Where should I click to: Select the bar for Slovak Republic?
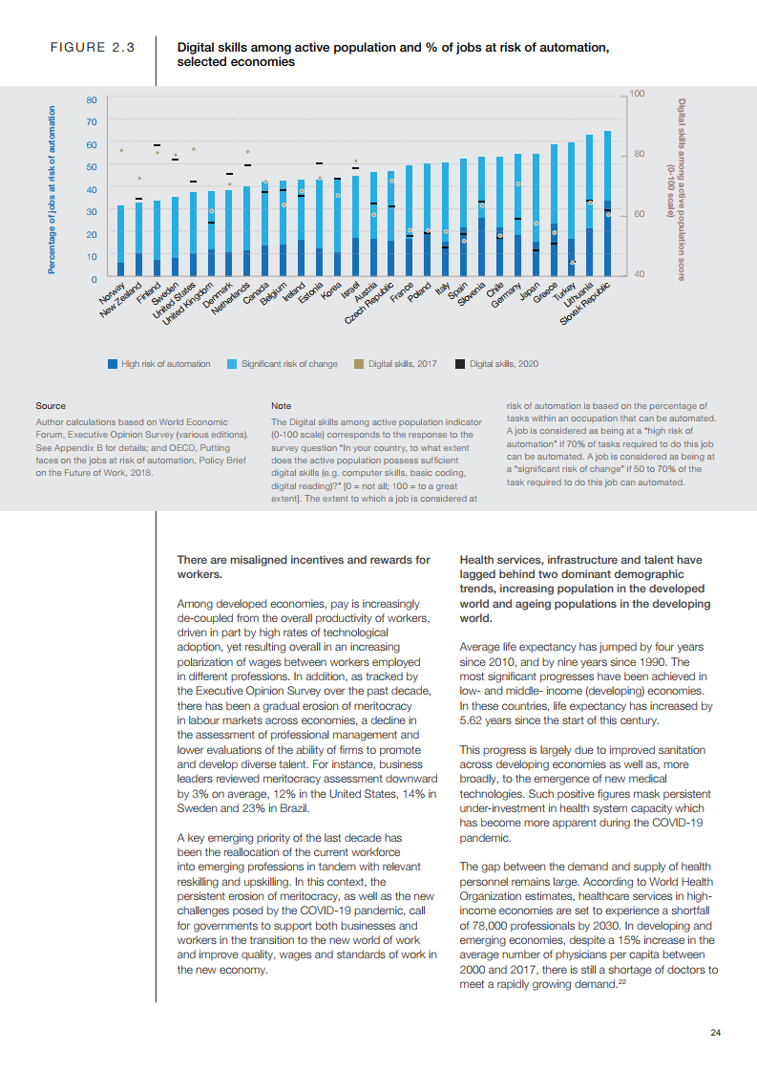click(x=607, y=204)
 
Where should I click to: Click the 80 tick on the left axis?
click(x=91, y=99)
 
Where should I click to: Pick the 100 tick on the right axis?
click(x=638, y=94)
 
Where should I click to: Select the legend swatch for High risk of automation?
click(x=113, y=363)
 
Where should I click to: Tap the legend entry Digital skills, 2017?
click(x=402, y=363)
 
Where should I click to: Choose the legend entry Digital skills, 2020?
click(x=503, y=363)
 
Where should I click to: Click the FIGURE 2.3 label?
click(x=92, y=47)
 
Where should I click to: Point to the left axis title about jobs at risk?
click(x=52, y=189)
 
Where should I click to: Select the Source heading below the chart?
click(x=51, y=406)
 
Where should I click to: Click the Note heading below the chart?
click(x=281, y=406)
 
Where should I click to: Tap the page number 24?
click(x=715, y=1032)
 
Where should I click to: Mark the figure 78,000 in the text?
click(x=479, y=926)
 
